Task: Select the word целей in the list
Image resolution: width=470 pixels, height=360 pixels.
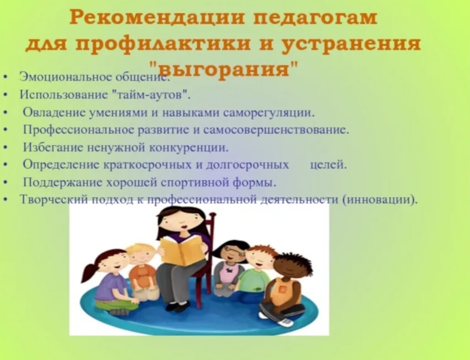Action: [328, 165]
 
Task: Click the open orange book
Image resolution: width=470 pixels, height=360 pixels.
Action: [182, 250]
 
